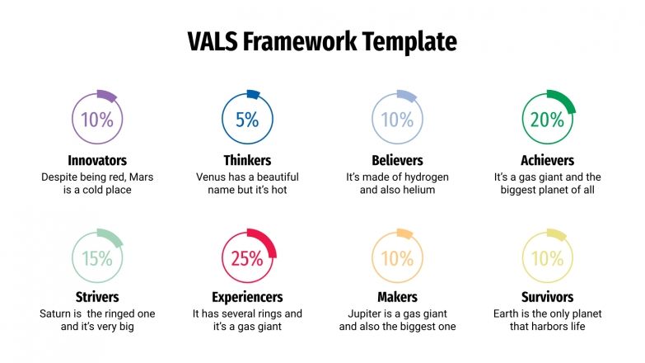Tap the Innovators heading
click(97, 160)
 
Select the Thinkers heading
click(247, 160)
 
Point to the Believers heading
click(397, 160)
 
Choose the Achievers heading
click(547, 160)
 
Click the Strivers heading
click(97, 297)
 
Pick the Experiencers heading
click(247, 297)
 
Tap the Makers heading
click(397, 297)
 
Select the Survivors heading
click(547, 297)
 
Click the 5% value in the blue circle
click(247, 120)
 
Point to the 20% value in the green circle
click(547, 120)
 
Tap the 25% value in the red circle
click(247, 258)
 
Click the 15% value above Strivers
click(97, 258)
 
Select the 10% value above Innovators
click(97, 120)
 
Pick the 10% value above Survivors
click(547, 258)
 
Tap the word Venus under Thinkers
click(212, 177)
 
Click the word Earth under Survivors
click(508, 314)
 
